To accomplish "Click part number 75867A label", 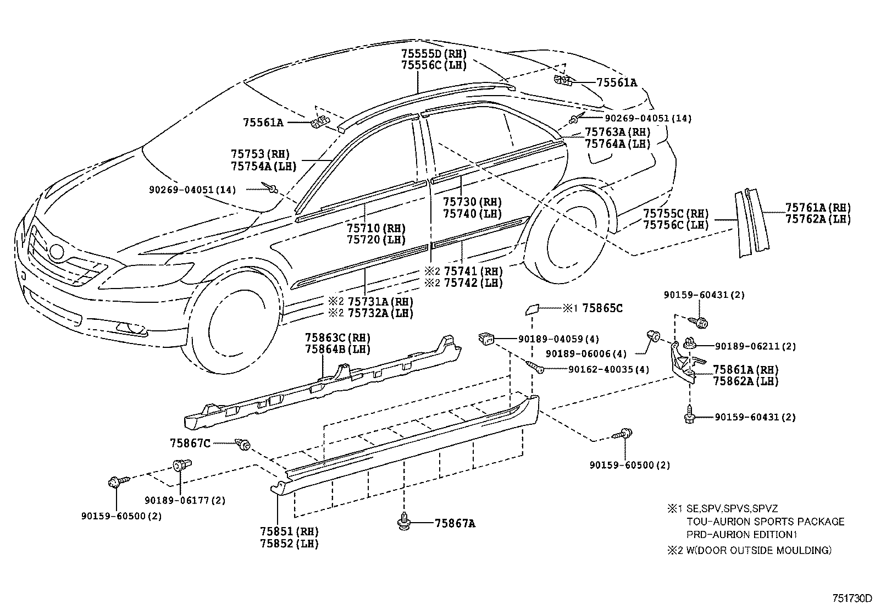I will (x=455, y=523).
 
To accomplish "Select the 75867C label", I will (x=190, y=442).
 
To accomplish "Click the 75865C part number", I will (x=602, y=308).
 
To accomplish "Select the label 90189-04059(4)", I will (x=558, y=339).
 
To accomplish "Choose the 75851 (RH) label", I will (x=290, y=531).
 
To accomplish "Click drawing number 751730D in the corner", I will (x=851, y=597).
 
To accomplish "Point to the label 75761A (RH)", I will (x=818, y=207).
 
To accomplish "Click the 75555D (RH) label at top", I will (x=434, y=53).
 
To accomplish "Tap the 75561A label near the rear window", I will (x=617, y=83).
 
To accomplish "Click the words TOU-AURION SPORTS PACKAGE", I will (x=765, y=522).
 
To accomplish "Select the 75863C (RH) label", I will (x=337, y=337).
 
